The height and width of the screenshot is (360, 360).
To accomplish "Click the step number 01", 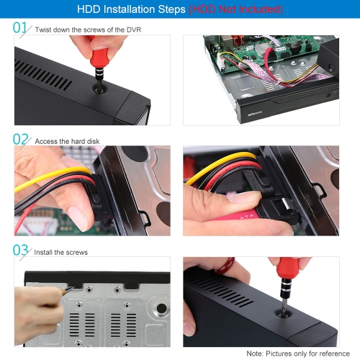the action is [19, 27].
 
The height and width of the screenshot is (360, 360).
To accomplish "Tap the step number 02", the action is [20, 139].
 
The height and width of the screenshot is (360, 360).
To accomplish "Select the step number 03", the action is [20, 250].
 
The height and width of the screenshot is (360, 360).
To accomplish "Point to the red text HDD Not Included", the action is [235, 9].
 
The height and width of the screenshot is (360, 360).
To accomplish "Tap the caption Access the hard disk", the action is [67, 141].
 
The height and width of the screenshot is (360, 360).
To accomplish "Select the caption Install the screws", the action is [61, 252].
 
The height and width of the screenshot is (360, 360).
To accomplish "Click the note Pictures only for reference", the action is [307, 354].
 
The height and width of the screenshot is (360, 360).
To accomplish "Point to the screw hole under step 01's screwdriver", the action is [99, 91].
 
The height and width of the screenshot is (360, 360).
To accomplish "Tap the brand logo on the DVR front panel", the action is [255, 113].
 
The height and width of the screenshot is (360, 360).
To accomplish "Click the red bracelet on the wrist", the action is [225, 266].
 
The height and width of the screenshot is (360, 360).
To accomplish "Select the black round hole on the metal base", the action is [161, 308].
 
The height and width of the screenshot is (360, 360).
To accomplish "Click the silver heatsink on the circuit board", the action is [261, 50].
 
